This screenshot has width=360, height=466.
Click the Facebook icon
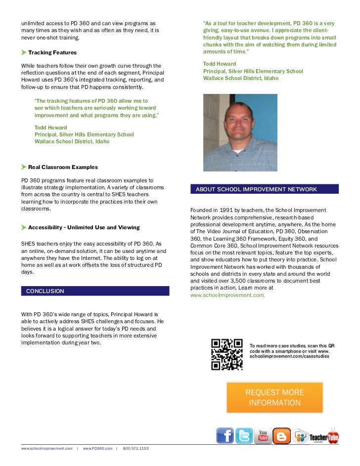coord(225,436)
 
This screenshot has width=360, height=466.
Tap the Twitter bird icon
coord(244,436)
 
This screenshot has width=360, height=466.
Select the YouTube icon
coord(263,436)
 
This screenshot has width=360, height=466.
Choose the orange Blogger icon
coord(282,436)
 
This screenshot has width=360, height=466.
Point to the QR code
coord(226,354)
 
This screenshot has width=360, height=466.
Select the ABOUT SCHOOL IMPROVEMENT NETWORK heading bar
coord(265,189)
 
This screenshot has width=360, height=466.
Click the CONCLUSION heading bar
coord(95,291)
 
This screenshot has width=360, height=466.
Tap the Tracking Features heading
coord(52,52)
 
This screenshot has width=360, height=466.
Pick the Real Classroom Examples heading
coord(63,167)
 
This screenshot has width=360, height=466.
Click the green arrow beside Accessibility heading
coord(24,227)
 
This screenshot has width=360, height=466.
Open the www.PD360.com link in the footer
coord(98,448)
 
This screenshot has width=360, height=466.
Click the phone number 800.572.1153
coord(135,448)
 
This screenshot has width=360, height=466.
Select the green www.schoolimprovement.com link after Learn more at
coord(227,295)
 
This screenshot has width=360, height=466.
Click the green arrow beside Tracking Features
coord(24,52)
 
